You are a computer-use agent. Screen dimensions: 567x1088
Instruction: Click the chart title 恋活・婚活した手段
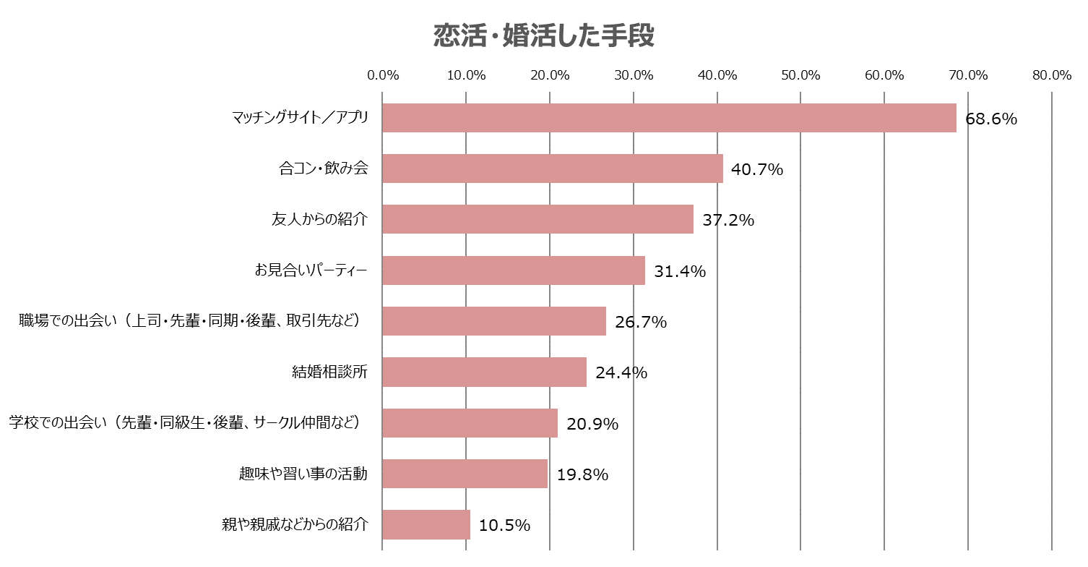(x=543, y=35)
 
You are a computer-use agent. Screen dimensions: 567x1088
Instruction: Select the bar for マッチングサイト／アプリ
(x=669, y=118)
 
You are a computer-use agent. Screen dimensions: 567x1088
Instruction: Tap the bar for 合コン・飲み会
(x=553, y=169)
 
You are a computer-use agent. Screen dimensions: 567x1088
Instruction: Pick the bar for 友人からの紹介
(x=537, y=219)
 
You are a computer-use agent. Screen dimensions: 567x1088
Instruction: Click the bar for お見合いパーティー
(x=514, y=270)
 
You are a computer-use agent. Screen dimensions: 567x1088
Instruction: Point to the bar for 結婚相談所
(x=484, y=372)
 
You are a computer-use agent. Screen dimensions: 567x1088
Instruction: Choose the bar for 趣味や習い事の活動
(x=465, y=474)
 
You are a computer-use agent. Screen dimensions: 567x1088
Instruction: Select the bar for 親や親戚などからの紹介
(x=426, y=524)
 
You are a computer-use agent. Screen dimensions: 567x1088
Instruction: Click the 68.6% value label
(x=991, y=119)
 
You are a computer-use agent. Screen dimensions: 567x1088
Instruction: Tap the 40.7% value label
(x=757, y=169)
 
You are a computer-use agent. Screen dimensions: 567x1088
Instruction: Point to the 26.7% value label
(x=641, y=322)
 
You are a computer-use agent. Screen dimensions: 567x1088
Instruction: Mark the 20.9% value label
(x=592, y=424)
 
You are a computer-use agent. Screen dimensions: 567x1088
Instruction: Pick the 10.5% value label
(x=504, y=525)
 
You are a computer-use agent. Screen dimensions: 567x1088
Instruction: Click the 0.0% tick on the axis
(x=383, y=75)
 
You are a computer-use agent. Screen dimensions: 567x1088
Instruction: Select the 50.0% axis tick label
(x=800, y=75)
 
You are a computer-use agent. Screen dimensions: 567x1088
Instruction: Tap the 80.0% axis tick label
(x=1051, y=75)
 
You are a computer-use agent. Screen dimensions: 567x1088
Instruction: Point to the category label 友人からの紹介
(x=319, y=220)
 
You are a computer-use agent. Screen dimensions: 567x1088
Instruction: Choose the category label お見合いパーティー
(x=311, y=270)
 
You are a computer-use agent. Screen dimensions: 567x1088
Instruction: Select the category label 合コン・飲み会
(x=324, y=169)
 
